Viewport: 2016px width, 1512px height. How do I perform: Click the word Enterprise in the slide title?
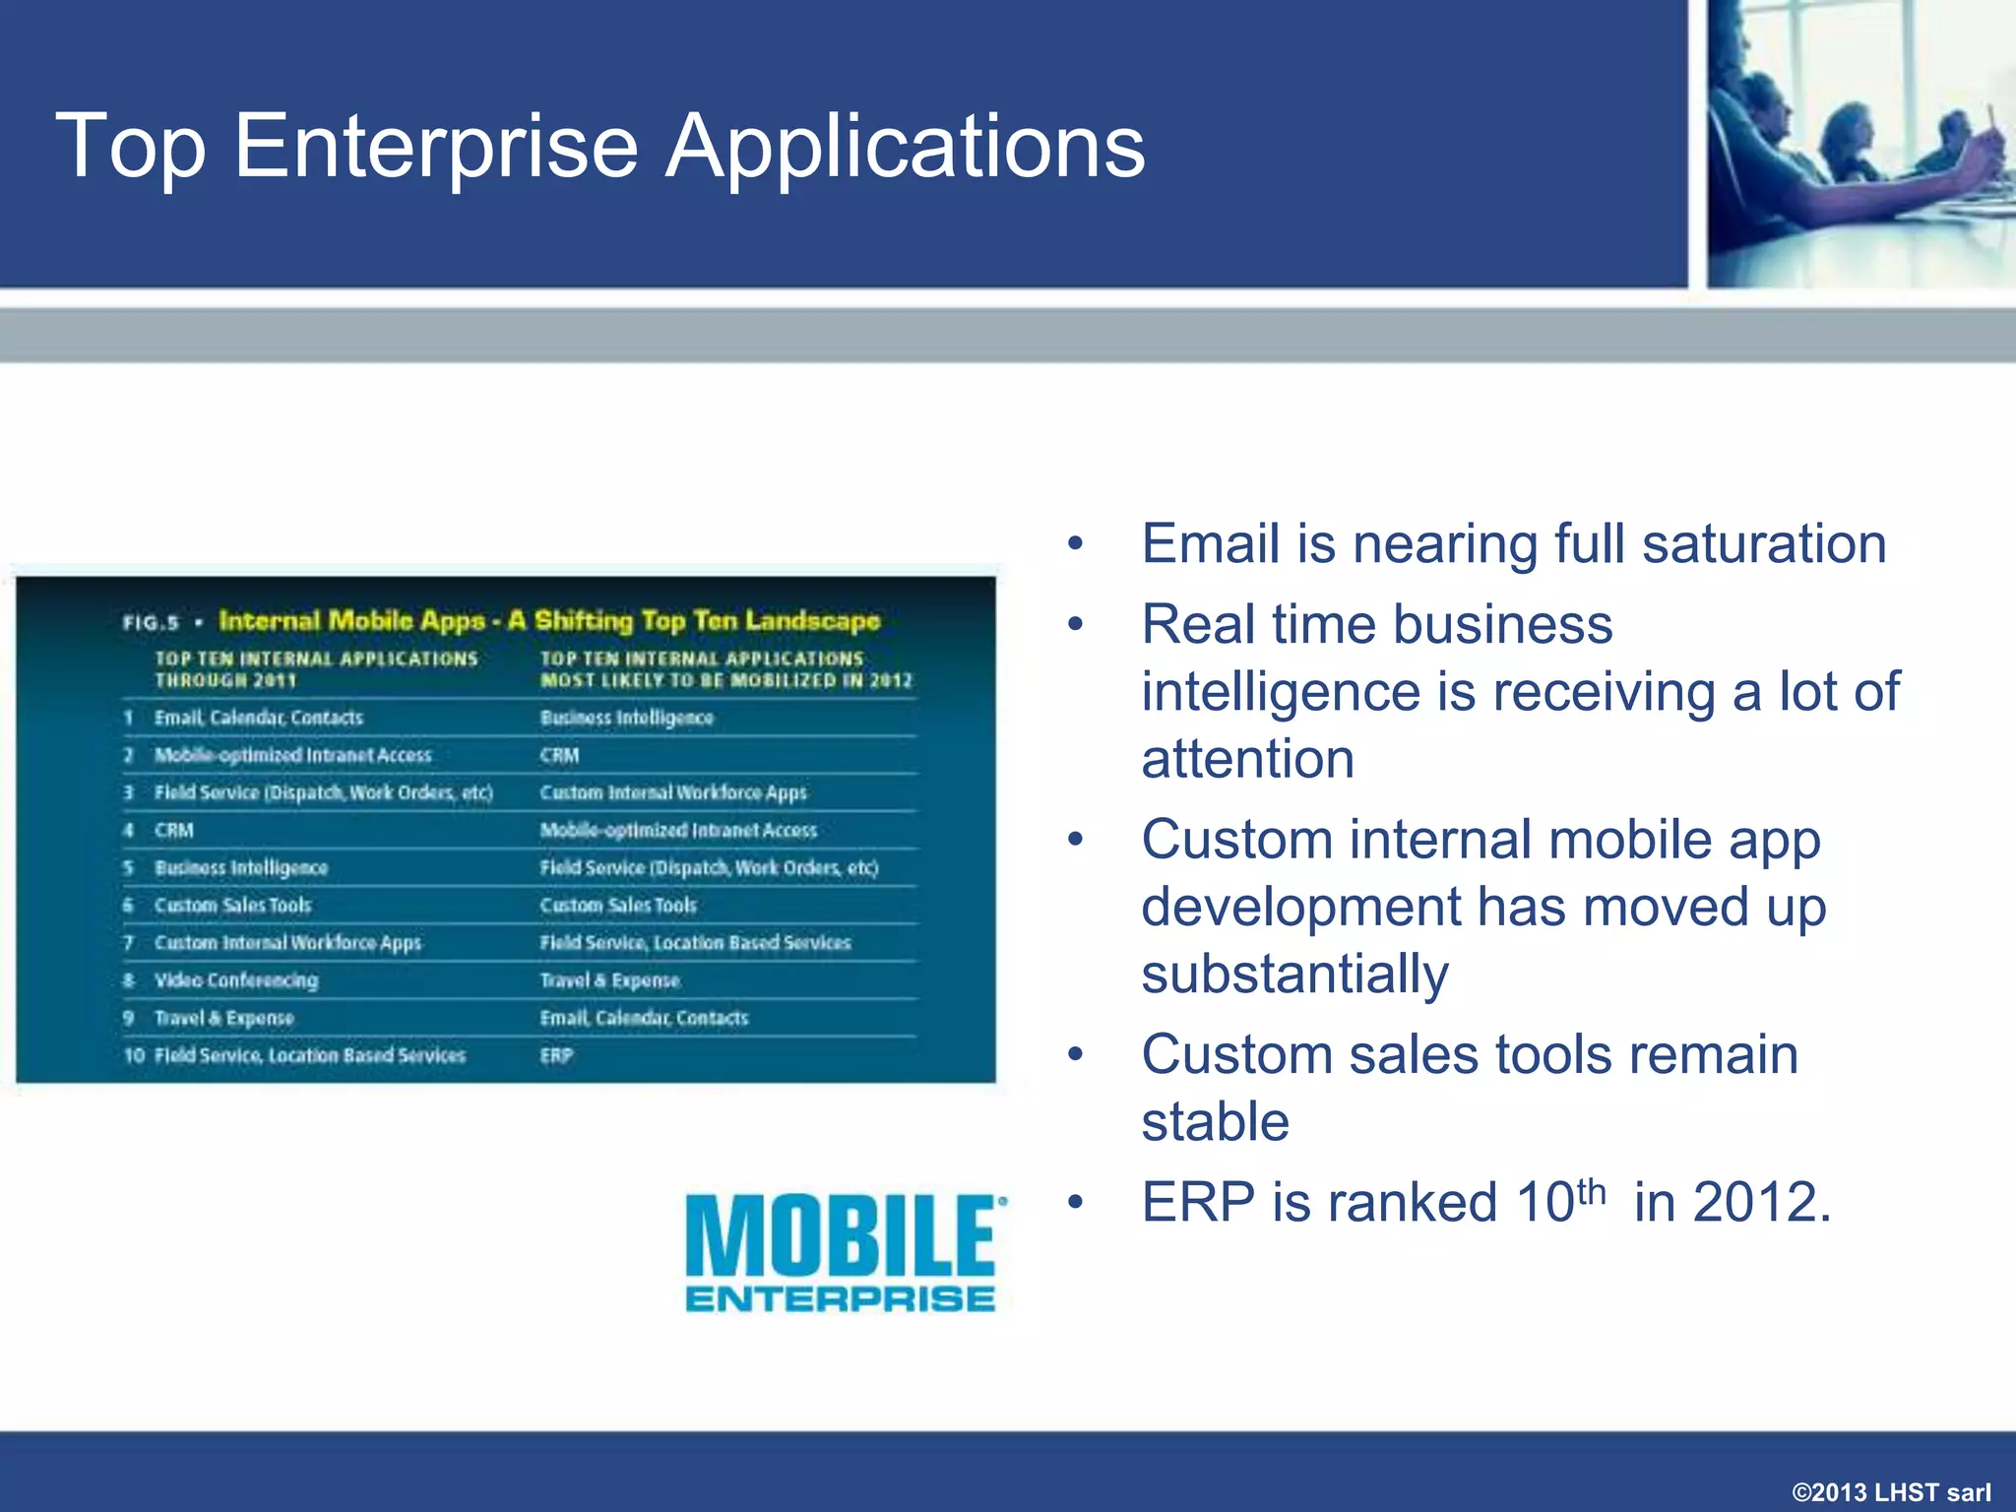click(436, 148)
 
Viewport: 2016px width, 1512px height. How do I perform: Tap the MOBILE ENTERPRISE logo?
click(845, 1253)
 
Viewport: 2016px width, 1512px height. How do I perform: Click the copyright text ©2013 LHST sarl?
click(1891, 1491)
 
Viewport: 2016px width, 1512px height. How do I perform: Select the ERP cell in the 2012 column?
click(556, 1055)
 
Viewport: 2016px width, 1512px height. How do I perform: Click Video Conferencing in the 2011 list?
click(236, 980)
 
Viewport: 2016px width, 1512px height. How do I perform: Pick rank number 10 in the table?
click(134, 1055)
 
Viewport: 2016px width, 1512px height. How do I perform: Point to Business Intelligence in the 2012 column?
click(626, 718)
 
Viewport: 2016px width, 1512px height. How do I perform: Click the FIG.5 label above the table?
click(151, 623)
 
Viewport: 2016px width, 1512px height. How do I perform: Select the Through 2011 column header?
click(315, 669)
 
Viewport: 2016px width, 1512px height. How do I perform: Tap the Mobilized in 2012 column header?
click(725, 669)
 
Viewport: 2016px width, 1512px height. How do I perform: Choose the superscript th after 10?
click(1591, 1192)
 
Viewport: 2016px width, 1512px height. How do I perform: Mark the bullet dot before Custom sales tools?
click(1075, 1054)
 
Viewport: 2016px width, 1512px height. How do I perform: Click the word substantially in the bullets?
click(1294, 974)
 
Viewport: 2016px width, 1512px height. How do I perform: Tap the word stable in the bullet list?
click(1215, 1121)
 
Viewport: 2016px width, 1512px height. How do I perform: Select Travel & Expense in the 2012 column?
click(609, 980)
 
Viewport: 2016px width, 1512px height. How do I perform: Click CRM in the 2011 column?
click(174, 831)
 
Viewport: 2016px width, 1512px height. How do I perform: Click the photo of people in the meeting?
click(1860, 144)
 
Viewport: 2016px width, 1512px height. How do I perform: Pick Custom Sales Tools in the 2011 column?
click(232, 906)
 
